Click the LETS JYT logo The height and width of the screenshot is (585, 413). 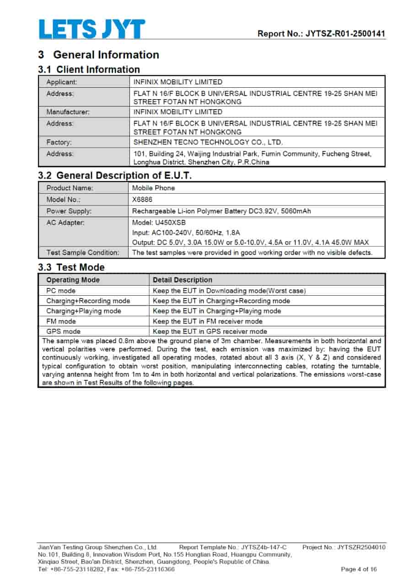tap(91, 29)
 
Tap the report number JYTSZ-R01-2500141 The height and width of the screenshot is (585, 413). tap(321, 33)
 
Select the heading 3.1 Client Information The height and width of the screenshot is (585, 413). tap(89, 69)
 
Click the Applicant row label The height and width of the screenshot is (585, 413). tap(62, 82)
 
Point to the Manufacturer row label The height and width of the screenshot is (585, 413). tap(68, 112)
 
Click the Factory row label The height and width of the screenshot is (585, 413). tap(59, 142)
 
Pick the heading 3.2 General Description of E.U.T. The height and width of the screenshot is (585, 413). tap(115, 175)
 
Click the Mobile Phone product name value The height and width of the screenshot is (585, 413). tap(153, 188)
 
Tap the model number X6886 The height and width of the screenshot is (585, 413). tap(142, 200)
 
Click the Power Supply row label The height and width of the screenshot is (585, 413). tap(69, 211)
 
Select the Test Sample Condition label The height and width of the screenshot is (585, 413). tap(83, 253)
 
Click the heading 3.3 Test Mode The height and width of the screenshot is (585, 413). tap(71, 267)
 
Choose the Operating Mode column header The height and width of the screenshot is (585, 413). tap(73, 280)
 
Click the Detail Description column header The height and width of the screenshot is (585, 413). tap(182, 280)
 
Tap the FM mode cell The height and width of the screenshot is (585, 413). tap(61, 321)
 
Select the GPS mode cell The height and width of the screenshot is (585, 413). tap(63, 331)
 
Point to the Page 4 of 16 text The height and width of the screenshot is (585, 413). tap(359, 569)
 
